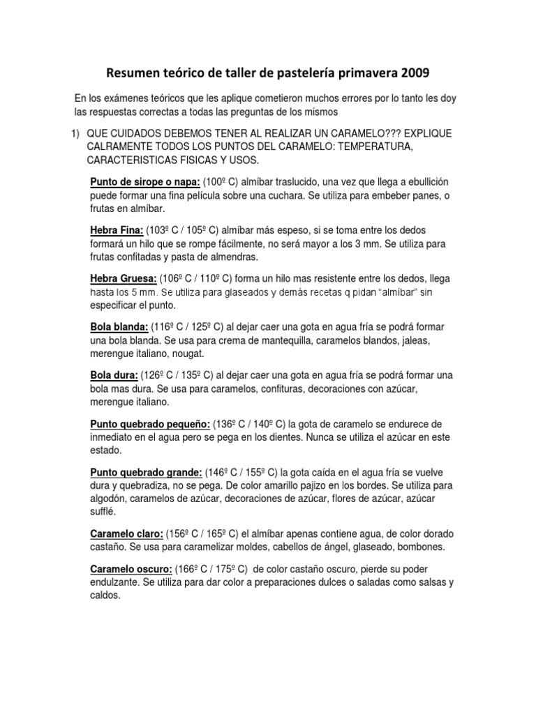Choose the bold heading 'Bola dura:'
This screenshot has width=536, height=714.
[x=114, y=375]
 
